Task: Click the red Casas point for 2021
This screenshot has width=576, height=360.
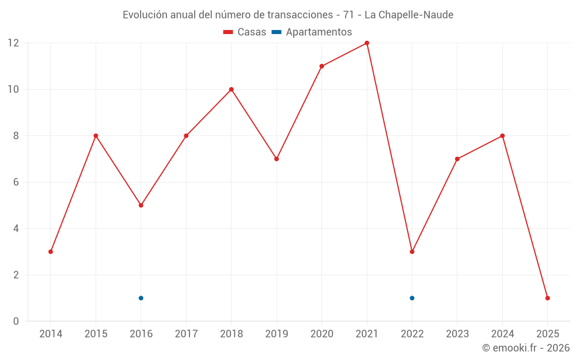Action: click(x=367, y=43)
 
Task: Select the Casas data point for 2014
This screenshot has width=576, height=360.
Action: click(x=51, y=252)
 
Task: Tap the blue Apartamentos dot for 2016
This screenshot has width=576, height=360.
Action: click(x=141, y=298)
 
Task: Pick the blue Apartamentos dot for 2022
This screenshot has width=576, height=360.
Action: click(x=412, y=298)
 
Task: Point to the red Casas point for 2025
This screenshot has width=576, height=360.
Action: click(x=547, y=298)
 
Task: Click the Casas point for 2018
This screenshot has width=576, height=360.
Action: click(x=232, y=89)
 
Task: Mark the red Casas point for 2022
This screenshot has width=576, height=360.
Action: click(x=412, y=252)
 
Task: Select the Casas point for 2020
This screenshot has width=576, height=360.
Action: click(x=321, y=66)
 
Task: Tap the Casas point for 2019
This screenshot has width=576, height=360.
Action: click(x=276, y=159)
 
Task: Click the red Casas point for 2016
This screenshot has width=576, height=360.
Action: click(x=141, y=205)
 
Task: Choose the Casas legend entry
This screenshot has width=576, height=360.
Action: click(x=245, y=32)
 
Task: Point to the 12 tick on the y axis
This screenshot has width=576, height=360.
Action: click(x=13, y=43)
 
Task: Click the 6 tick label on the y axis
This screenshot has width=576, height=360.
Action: click(x=16, y=182)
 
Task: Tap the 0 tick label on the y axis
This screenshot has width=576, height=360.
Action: click(x=16, y=321)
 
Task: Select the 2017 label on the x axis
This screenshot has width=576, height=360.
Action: click(x=186, y=334)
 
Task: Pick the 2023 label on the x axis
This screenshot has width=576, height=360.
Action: click(x=457, y=334)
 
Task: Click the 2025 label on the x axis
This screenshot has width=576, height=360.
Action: click(x=547, y=334)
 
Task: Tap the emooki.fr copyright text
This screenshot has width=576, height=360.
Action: click(x=526, y=348)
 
